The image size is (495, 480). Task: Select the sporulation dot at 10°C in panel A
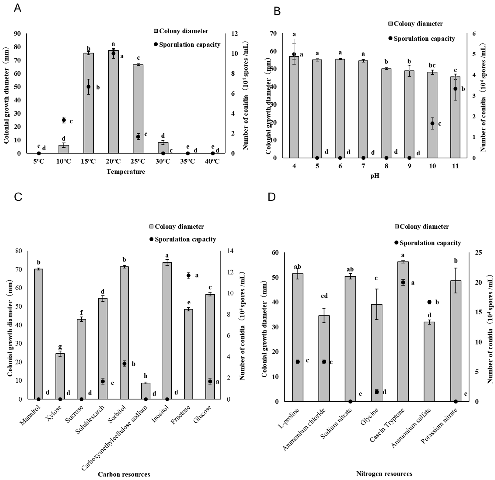pyautogui.click(x=64, y=120)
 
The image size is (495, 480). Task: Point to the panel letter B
pyautogui.click(x=277, y=11)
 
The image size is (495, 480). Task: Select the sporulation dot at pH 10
pyautogui.click(x=432, y=123)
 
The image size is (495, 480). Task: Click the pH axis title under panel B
pyautogui.click(x=375, y=176)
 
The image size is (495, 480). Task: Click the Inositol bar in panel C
pyautogui.click(x=167, y=331)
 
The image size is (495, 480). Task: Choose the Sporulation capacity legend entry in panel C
pyautogui.click(x=183, y=239)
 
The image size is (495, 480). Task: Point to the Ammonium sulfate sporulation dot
pyautogui.click(x=429, y=302)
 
